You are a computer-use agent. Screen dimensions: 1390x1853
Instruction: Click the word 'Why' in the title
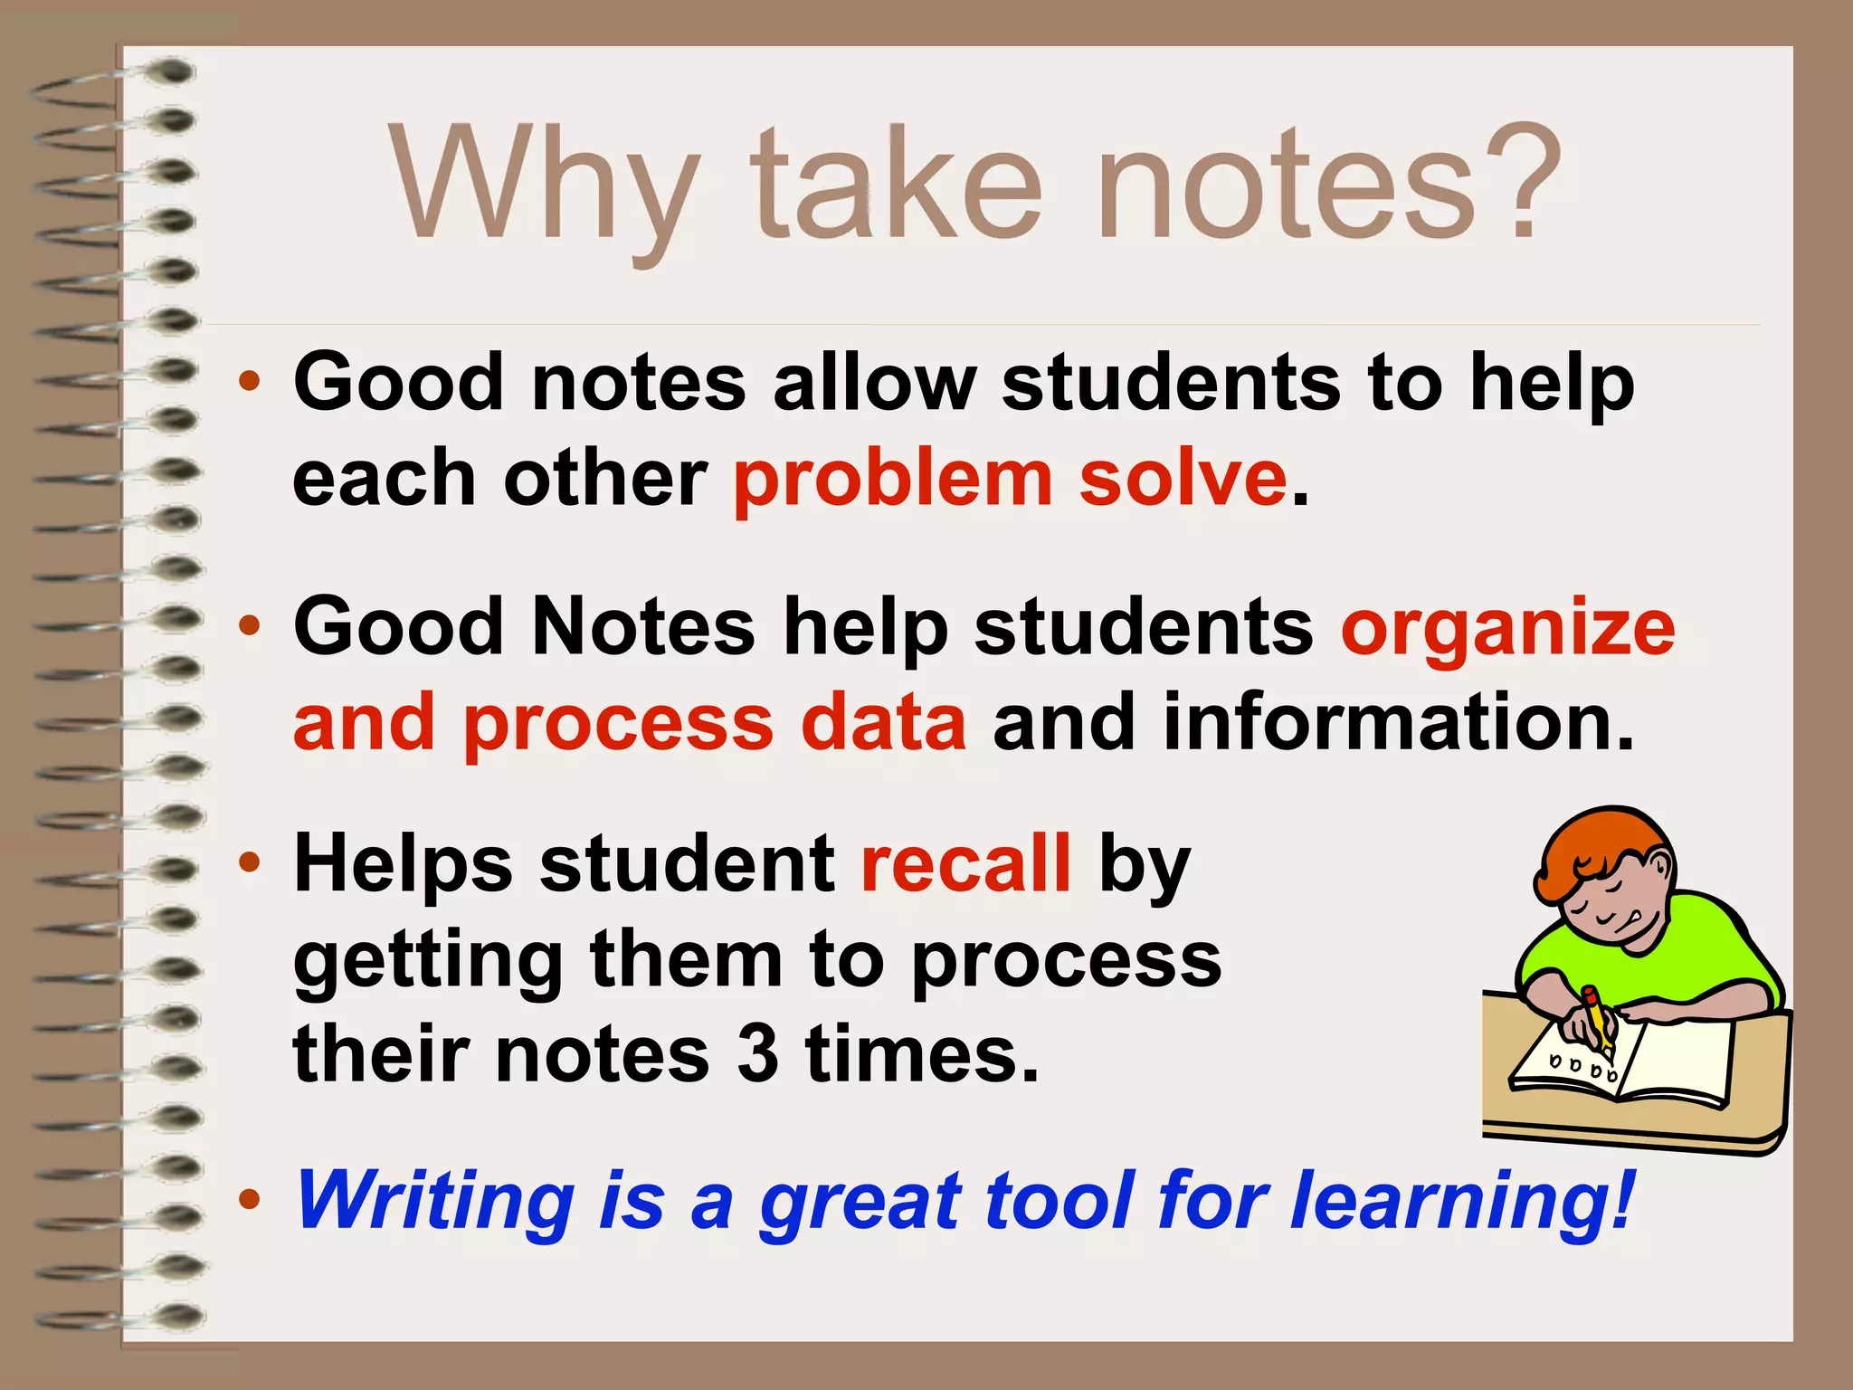tap(543, 186)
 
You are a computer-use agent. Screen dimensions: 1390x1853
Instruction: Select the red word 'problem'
tap(892, 480)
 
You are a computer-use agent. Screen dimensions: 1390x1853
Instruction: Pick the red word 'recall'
tap(965, 864)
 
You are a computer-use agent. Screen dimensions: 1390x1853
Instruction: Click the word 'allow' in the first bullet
tap(874, 383)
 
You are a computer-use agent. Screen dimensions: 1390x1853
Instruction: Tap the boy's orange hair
tap(1592, 851)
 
